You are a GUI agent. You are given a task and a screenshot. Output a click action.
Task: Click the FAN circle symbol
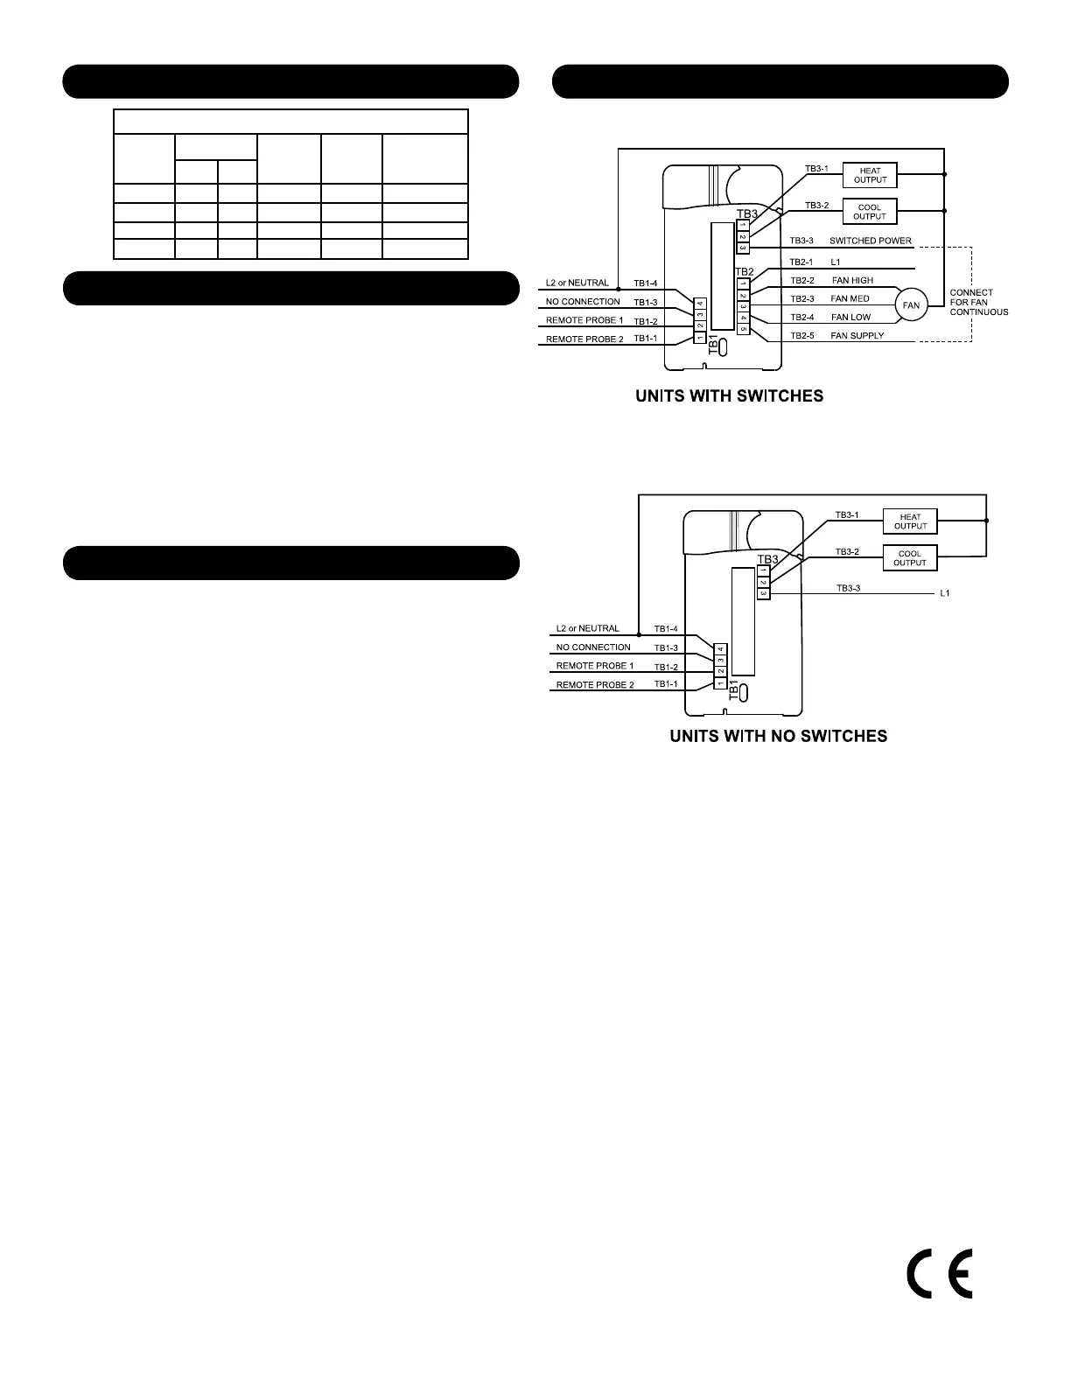(x=911, y=305)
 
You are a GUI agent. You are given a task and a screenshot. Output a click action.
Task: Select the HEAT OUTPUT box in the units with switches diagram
(x=870, y=175)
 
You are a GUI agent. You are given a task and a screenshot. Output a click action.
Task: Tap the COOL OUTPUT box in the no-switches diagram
(x=910, y=558)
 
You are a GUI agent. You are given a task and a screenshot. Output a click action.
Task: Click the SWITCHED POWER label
(x=870, y=241)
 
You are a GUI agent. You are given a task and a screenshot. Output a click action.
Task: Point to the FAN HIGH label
(x=852, y=280)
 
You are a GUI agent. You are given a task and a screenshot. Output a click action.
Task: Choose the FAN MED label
(x=850, y=298)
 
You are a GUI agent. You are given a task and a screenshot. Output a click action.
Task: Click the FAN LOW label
(x=850, y=317)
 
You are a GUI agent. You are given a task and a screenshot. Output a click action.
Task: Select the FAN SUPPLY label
(x=857, y=336)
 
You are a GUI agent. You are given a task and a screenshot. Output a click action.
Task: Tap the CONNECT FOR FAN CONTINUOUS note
(x=978, y=302)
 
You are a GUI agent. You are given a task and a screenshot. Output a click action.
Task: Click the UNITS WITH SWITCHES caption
(x=729, y=396)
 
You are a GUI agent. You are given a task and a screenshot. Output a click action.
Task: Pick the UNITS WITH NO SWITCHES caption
(x=778, y=737)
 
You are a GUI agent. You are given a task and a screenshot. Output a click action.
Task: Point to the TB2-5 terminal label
(x=801, y=336)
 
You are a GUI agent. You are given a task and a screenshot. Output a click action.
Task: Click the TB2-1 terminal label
(x=801, y=262)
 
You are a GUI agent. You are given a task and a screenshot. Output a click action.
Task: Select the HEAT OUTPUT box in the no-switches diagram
(x=910, y=521)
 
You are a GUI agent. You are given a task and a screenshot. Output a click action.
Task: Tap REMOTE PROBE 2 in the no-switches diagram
(x=595, y=685)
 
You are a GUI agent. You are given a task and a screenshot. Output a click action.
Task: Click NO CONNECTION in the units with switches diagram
(x=583, y=302)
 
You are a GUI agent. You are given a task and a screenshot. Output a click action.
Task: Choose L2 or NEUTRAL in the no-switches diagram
(x=587, y=628)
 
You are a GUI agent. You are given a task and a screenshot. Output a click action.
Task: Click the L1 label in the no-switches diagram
(x=944, y=593)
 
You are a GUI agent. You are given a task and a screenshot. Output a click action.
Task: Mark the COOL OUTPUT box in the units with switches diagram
(x=870, y=212)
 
